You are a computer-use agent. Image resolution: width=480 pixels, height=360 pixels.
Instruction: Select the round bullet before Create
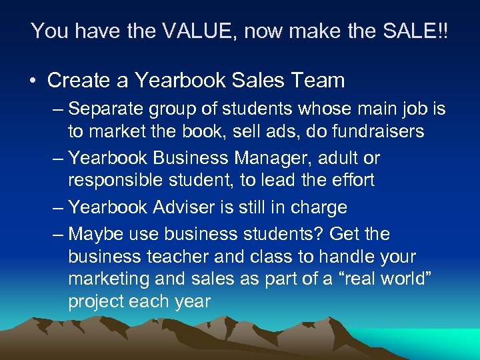pyautogui.click(x=33, y=81)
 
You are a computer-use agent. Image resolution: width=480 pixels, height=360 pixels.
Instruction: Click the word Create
pyautogui.click(x=87, y=81)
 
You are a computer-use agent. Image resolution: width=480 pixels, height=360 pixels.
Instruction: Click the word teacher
pyautogui.click(x=177, y=257)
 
